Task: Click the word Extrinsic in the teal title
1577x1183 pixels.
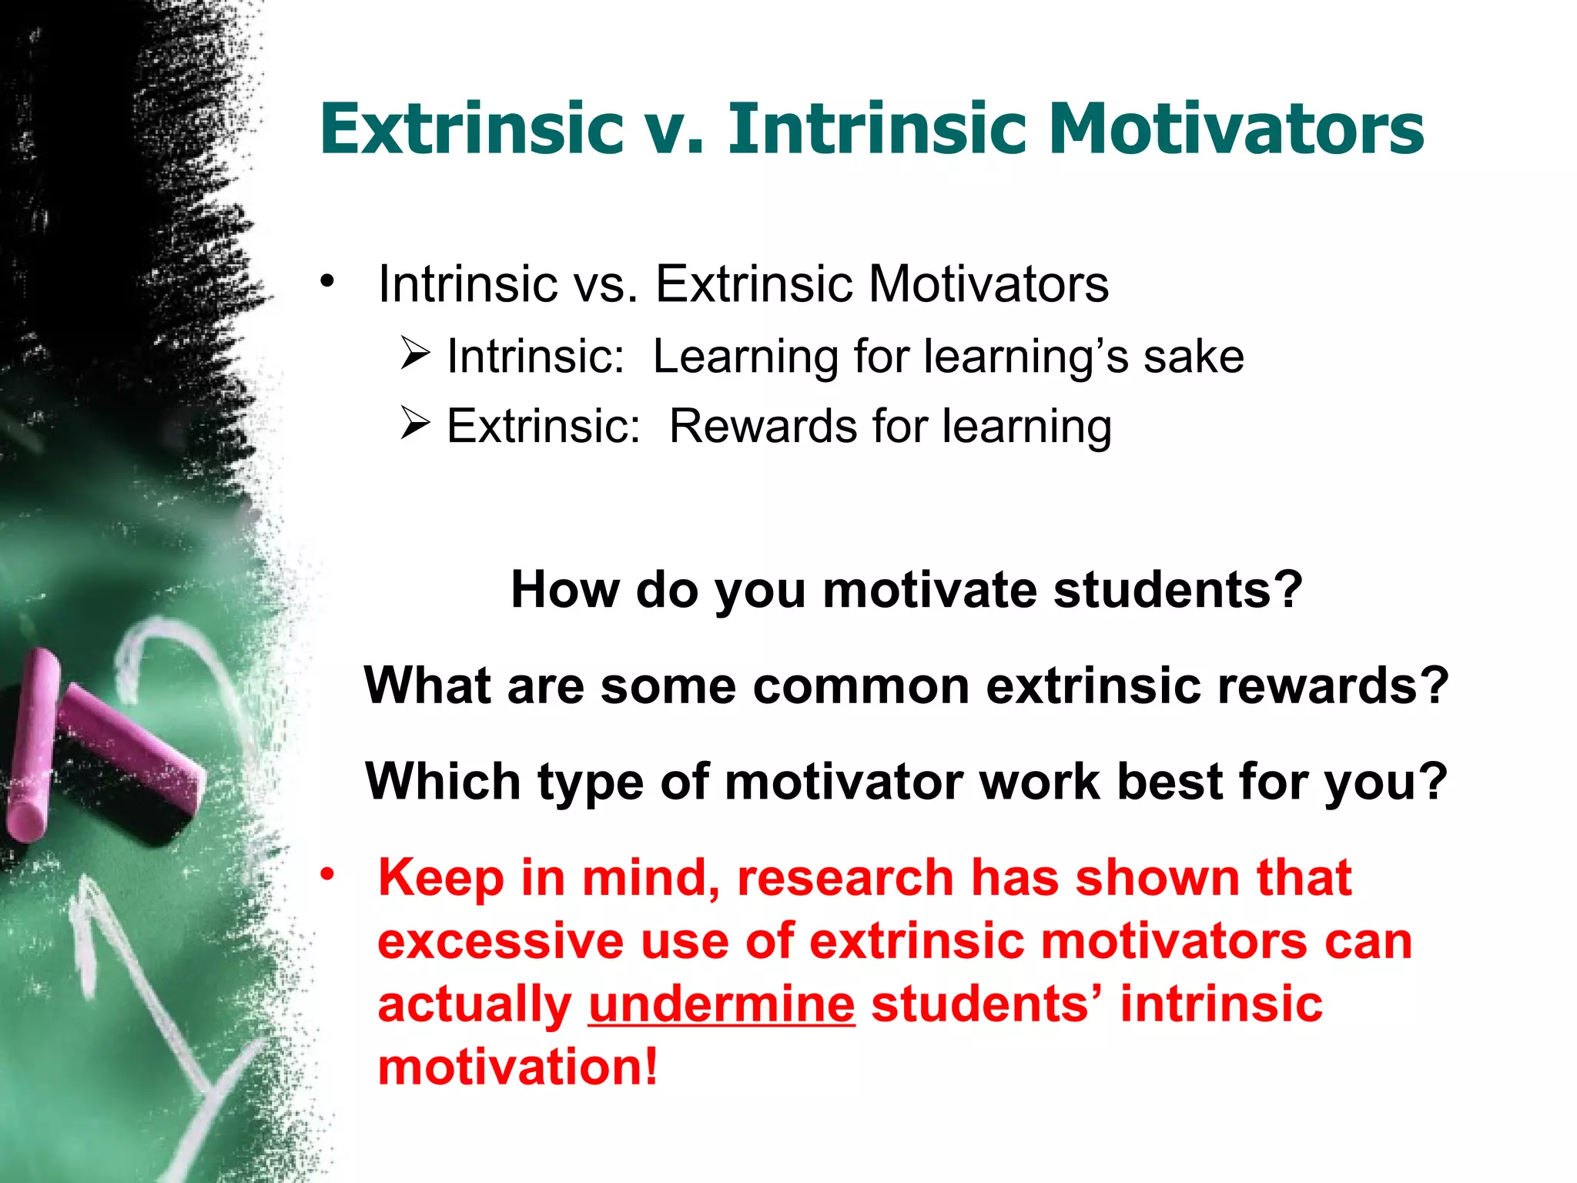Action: [x=471, y=129]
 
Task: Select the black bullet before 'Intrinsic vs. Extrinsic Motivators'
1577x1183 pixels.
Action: [x=329, y=281]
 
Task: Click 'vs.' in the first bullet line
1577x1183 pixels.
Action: [x=605, y=284]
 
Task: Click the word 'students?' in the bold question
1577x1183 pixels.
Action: [x=1177, y=590]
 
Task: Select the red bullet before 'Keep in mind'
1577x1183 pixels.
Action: [x=329, y=874]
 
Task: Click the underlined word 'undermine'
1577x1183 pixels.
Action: [x=722, y=1004]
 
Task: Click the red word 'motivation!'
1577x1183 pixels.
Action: [x=517, y=1067]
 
